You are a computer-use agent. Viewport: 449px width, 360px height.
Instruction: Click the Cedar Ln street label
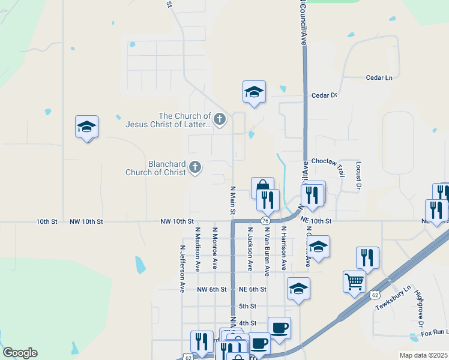[379, 77]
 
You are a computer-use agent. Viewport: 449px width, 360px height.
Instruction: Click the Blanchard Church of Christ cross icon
[194, 167]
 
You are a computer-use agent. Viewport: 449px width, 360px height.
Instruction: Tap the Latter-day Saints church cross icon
[220, 119]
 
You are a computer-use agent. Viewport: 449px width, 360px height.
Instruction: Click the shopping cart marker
[354, 281]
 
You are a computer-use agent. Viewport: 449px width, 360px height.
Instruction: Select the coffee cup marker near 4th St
[279, 328]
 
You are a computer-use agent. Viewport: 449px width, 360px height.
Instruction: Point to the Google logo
[20, 353]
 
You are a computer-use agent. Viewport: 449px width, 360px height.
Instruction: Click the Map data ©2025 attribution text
[423, 355]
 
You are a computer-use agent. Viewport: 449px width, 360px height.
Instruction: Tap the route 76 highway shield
[265, 221]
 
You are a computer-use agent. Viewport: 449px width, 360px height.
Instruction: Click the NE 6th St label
[252, 289]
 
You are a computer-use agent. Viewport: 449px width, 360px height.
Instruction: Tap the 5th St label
[247, 306]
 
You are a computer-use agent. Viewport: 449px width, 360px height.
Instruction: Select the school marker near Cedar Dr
[254, 92]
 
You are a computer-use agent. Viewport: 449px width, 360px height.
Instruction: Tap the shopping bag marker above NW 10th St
[263, 187]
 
